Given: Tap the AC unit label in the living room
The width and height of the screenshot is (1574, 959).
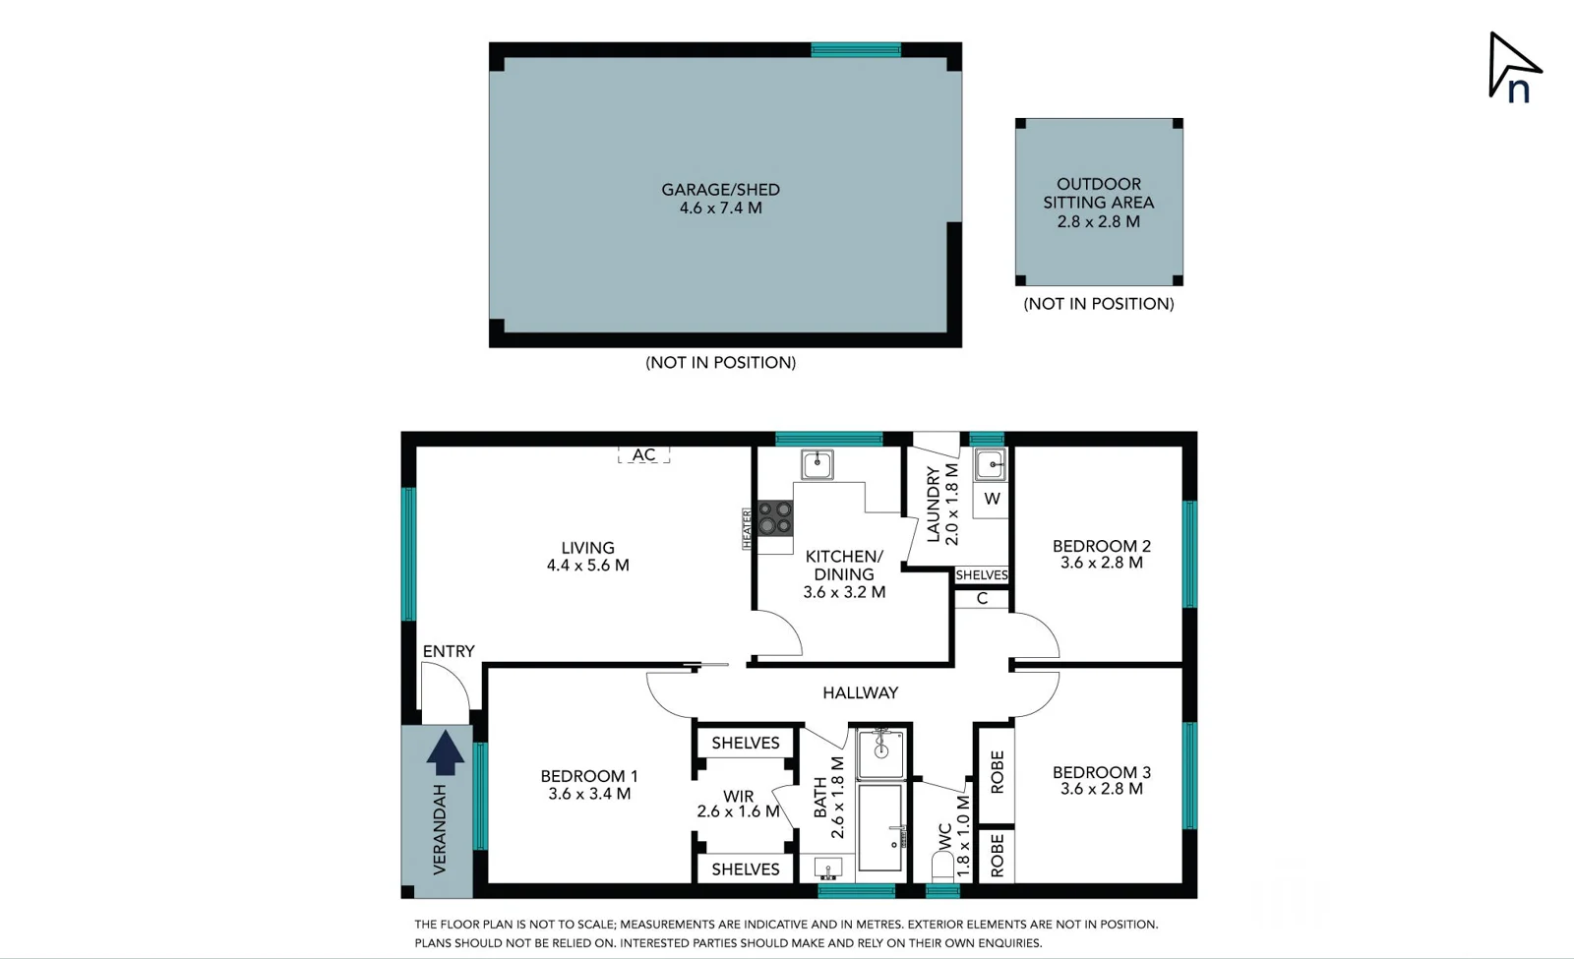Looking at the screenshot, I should (643, 454).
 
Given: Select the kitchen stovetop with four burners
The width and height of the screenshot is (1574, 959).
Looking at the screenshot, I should (775, 517).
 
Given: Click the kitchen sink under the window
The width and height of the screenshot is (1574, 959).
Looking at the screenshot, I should (817, 464).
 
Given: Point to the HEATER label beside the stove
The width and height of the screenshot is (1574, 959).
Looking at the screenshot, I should (747, 529).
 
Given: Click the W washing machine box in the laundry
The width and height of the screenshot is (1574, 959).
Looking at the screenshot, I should (992, 499).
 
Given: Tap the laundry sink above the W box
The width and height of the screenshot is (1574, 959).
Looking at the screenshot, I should (990, 464).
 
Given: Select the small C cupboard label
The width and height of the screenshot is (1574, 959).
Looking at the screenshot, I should (982, 598).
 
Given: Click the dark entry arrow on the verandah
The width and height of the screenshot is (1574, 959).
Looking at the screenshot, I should (445, 752).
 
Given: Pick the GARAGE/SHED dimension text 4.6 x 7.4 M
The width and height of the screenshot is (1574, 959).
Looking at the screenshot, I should (720, 209).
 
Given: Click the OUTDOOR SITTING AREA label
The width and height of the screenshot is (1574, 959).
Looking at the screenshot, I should (1098, 193).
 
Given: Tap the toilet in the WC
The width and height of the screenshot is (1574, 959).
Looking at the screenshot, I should (942, 866).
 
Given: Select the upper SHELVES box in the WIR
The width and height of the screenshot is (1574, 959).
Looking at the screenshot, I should (745, 743).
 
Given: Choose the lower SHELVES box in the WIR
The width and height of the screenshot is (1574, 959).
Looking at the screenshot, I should (745, 869).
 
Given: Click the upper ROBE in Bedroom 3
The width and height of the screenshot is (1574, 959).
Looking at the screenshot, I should (997, 773).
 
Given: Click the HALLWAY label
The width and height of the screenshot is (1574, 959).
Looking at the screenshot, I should (860, 692).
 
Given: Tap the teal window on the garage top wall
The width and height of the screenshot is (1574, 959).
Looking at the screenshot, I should (855, 49).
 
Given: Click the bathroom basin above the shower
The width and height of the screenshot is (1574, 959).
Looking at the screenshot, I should (880, 752).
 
